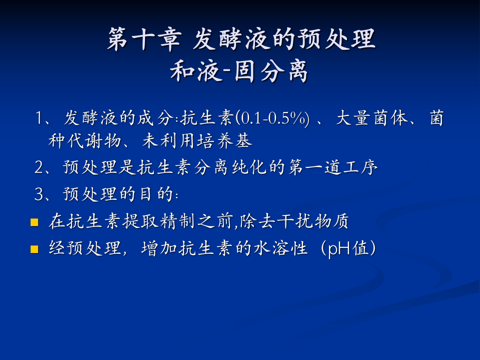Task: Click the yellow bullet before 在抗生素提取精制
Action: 34,222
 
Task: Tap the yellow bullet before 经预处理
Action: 34,249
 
